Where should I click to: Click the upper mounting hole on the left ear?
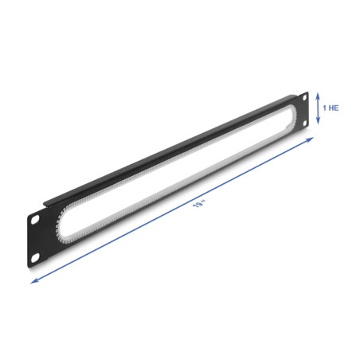[x=35, y=219]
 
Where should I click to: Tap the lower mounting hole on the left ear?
[x=35, y=257]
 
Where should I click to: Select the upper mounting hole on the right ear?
[x=304, y=98]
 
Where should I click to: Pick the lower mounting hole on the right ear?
[x=305, y=123]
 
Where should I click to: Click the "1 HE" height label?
[x=331, y=108]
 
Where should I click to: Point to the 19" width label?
[x=200, y=204]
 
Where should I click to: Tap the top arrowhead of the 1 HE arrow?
[x=318, y=95]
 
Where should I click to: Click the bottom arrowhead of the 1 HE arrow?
[x=318, y=122]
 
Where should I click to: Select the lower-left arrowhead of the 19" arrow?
[x=33, y=281]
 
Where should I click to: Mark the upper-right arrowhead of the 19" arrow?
[x=311, y=139]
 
